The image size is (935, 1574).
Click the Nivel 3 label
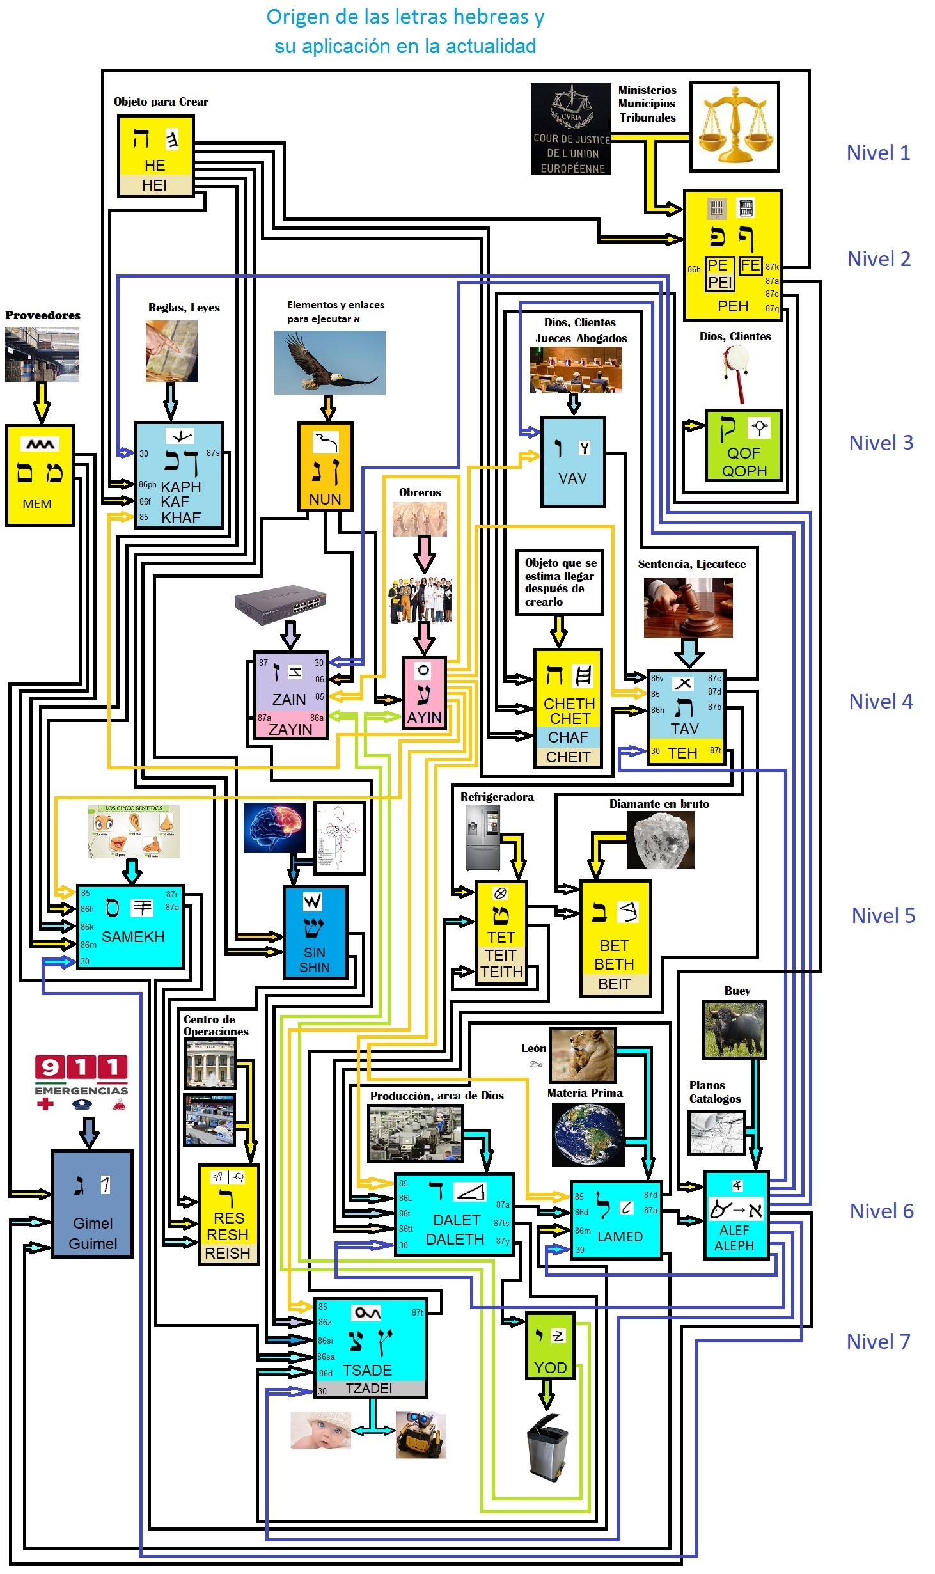[x=881, y=443]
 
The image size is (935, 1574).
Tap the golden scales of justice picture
[x=734, y=127]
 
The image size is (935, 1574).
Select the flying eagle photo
[x=329, y=362]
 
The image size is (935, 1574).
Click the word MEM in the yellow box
[x=37, y=503]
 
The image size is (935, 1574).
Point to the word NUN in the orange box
[x=325, y=499]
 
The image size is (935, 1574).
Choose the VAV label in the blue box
[x=572, y=478]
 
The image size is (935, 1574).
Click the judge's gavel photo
[x=687, y=607]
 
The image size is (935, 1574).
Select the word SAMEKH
[x=133, y=936]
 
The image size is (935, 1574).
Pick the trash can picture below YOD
[x=547, y=1446]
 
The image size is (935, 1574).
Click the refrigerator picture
[x=483, y=837]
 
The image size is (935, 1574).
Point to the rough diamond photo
[x=660, y=840]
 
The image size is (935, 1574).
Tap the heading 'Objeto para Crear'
[x=161, y=102]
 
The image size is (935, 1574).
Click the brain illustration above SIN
[x=274, y=828]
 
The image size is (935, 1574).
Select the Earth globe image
[x=588, y=1135]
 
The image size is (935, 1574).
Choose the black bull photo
[x=734, y=1029]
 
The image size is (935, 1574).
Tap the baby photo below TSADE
[x=321, y=1430]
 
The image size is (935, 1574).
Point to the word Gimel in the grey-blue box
[x=93, y=1223]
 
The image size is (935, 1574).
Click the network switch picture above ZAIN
[x=281, y=603]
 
